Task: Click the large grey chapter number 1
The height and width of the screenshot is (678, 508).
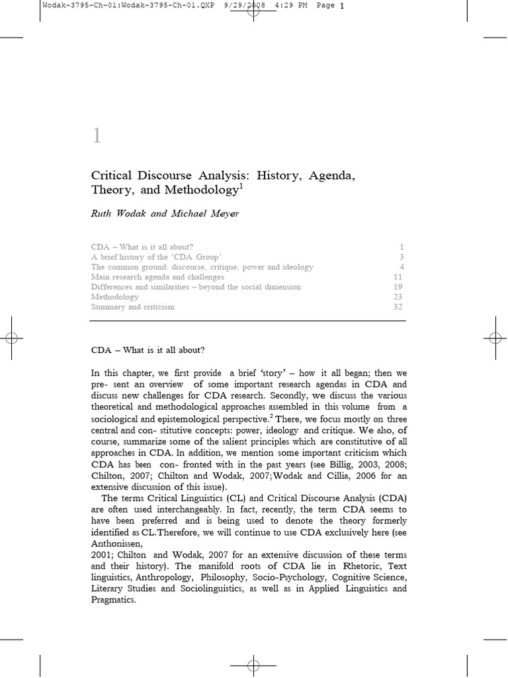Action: point(97,136)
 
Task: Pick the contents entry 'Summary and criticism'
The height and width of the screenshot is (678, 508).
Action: point(132,307)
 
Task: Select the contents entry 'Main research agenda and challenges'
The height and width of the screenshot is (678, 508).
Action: point(157,277)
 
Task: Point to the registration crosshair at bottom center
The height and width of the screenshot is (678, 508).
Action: point(253,664)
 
